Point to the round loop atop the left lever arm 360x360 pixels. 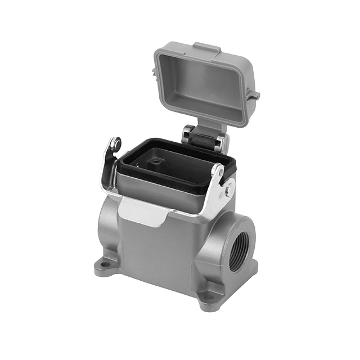click(x=115, y=145)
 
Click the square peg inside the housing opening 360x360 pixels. click(x=156, y=163)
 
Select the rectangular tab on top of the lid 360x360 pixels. click(x=206, y=48)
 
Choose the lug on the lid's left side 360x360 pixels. click(x=155, y=72)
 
